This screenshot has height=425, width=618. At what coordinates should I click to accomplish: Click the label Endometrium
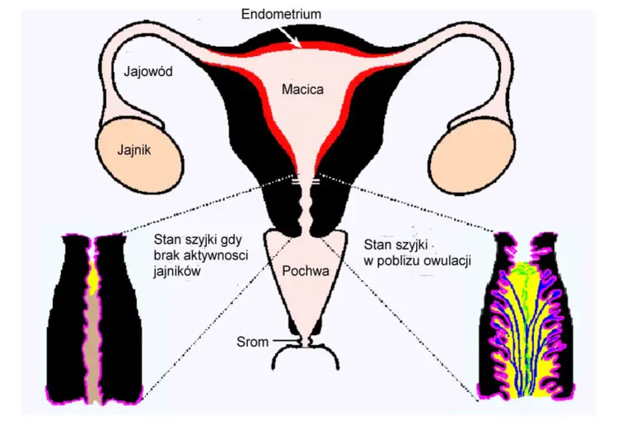pos(281,14)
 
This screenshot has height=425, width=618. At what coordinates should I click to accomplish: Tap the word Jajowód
pos(148,72)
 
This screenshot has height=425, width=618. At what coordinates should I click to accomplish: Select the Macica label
pos(302,90)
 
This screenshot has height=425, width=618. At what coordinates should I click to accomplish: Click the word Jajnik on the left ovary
pos(134,150)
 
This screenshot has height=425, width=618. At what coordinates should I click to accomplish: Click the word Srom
pos(253,342)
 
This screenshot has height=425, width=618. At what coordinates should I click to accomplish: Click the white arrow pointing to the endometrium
pos(289,37)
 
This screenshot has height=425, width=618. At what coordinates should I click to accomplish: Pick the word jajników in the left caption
pos(177,271)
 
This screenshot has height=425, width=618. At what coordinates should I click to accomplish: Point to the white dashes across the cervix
pos(306,181)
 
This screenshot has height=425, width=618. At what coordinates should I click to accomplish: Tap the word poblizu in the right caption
pos(399,261)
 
